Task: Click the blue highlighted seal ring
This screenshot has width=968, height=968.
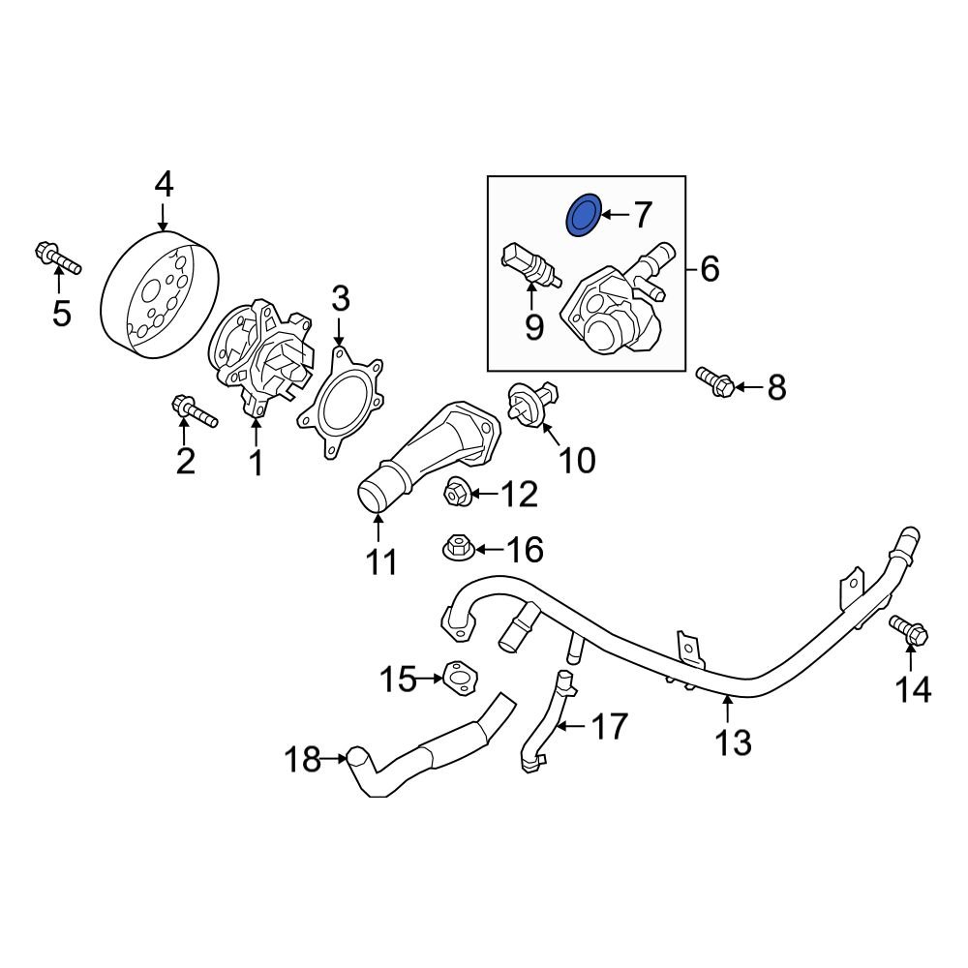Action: point(582,215)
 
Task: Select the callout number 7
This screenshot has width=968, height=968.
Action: point(643,215)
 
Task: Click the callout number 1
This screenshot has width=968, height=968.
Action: point(257,464)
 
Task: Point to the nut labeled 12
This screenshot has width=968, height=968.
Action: point(457,494)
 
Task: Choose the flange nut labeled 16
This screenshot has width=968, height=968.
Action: point(457,550)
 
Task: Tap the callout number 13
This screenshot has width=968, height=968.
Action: point(733,742)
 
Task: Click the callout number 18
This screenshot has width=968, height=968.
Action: point(304,760)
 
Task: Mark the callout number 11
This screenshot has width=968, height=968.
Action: point(380,560)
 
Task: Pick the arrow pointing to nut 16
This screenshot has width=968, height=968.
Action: point(488,550)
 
